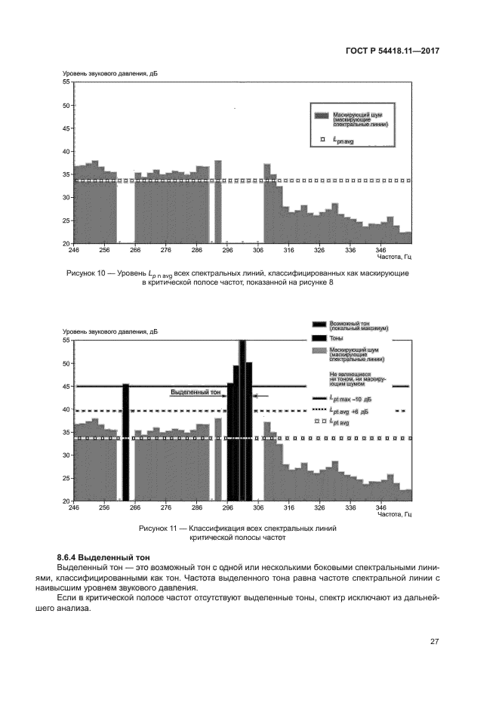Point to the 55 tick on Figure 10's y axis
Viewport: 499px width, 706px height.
click(x=66, y=82)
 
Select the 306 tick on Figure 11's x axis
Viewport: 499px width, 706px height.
click(x=258, y=508)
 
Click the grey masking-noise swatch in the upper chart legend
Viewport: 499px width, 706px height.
click(x=322, y=115)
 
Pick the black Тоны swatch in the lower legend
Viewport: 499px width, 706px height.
click(x=320, y=338)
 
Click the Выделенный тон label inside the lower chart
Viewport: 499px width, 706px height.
click(x=196, y=393)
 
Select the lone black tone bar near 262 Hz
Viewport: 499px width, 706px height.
click(x=125, y=442)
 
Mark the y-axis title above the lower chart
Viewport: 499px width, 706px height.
click(x=109, y=331)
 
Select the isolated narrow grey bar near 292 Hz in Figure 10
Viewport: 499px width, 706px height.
click(x=218, y=202)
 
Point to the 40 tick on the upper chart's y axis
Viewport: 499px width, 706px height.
click(x=66, y=151)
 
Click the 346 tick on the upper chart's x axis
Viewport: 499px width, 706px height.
click(x=381, y=249)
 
